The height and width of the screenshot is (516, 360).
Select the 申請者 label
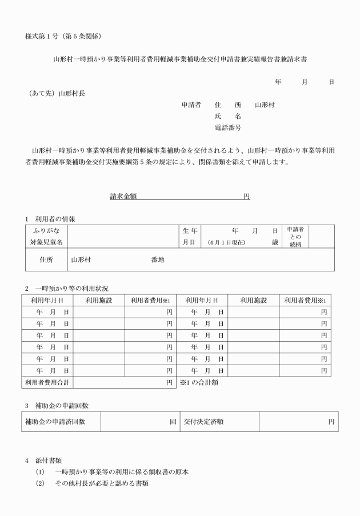191,105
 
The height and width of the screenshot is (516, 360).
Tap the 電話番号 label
227,127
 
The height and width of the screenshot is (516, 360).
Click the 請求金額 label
123,196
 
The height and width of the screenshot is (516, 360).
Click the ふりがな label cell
47,230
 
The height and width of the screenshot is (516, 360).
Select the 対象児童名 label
47,242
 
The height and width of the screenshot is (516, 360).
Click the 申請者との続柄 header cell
295,237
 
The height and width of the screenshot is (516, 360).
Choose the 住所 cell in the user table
46,259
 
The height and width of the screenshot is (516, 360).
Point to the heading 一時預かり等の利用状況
71,288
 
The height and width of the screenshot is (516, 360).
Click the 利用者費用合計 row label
48,383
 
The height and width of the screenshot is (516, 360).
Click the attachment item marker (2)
39,483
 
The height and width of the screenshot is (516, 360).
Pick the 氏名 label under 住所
227,116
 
